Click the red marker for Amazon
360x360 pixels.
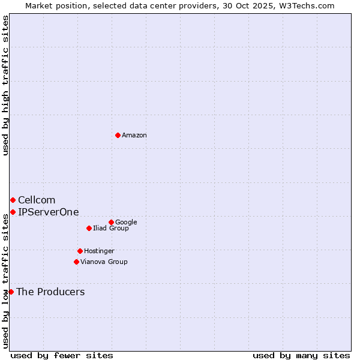tap(118, 135)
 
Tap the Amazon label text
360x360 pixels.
tap(134, 136)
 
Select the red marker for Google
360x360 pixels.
tap(111, 222)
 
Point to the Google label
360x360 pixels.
tap(126, 223)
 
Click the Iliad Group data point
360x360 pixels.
tap(89, 228)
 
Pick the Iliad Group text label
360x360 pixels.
tap(111, 229)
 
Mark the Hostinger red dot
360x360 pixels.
tap(80, 251)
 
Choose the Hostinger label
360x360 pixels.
tap(99, 251)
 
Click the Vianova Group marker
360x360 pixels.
tap(76, 262)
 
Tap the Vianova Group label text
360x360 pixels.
tap(104, 262)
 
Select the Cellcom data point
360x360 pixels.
tap(13, 200)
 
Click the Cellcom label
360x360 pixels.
tap(37, 200)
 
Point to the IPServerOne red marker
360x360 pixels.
tap(13, 212)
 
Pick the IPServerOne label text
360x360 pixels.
tap(48, 212)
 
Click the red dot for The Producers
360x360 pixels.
tap(11, 292)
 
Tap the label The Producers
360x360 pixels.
tap(50, 292)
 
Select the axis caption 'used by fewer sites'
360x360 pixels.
tap(62, 355)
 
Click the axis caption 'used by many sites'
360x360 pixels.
tap(301, 355)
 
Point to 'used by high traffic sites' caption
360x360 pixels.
tap(5, 85)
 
